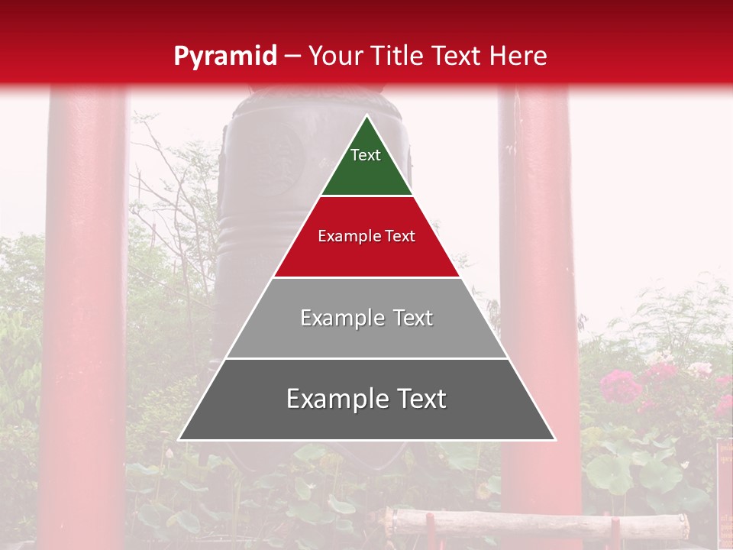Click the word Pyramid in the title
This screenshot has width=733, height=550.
pos(225,56)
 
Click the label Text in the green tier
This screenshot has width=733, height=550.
pos(366,155)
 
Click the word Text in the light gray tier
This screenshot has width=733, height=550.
pos(413,318)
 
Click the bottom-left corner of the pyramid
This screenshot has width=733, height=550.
pos(180,439)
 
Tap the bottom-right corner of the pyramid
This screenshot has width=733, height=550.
pos(554,439)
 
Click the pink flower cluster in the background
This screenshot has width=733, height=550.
pos(620,386)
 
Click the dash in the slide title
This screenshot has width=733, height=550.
pos(292,56)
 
